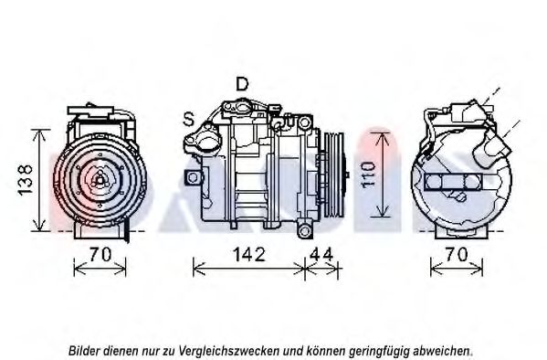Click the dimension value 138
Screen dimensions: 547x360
point(26,180)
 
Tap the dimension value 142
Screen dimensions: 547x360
point(249,255)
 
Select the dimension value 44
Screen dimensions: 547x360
point(321,255)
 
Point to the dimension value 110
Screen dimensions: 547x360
point(368,175)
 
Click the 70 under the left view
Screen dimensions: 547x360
point(100,255)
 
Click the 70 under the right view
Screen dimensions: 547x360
point(457,255)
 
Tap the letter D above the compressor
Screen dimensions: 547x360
point(242,84)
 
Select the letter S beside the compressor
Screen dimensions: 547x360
point(189,119)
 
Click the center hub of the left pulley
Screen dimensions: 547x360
point(100,180)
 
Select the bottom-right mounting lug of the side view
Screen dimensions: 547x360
point(304,230)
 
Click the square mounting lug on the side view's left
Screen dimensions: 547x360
point(193,177)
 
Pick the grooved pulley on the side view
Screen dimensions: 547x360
point(334,175)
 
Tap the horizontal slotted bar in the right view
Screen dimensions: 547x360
point(453,182)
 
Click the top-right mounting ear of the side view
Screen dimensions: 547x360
point(304,122)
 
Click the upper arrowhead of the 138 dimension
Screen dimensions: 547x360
point(40,135)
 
